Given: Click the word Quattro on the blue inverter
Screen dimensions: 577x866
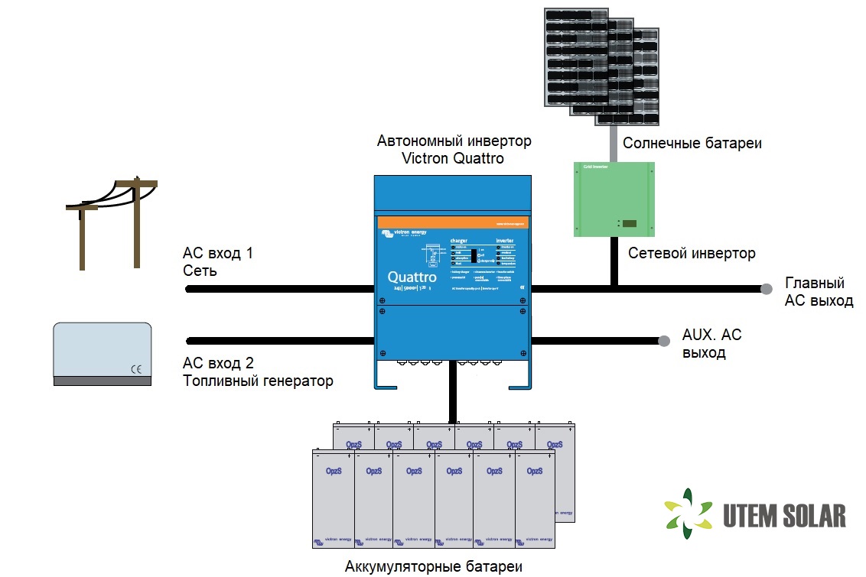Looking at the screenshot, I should [412, 277].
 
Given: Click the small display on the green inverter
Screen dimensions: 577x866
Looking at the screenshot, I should [629, 224].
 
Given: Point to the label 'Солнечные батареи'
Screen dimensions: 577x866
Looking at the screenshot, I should [692, 144].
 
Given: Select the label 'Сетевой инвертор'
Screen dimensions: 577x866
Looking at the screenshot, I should [691, 253].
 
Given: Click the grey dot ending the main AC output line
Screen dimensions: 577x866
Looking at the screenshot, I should [766, 289].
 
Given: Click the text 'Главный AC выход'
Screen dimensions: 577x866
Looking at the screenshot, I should [819, 292].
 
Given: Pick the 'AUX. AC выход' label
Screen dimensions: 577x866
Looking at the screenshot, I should [711, 344].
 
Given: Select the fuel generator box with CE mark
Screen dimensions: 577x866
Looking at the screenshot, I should [103, 353].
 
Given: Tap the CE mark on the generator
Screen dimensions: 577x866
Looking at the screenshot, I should [135, 368].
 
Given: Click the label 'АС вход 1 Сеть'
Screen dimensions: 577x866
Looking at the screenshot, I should [217, 262].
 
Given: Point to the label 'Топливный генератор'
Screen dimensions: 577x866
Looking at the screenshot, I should [258, 381].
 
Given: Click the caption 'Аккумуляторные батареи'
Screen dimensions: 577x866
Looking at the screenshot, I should [434, 566].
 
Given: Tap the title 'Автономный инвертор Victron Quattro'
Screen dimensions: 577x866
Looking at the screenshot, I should [454, 150].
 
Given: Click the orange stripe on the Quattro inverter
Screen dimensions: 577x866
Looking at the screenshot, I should [454, 221].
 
